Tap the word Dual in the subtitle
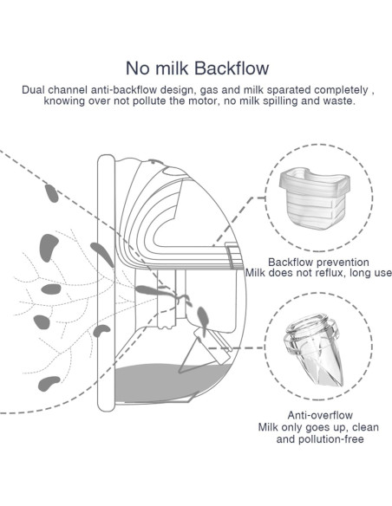tap(36, 89)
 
